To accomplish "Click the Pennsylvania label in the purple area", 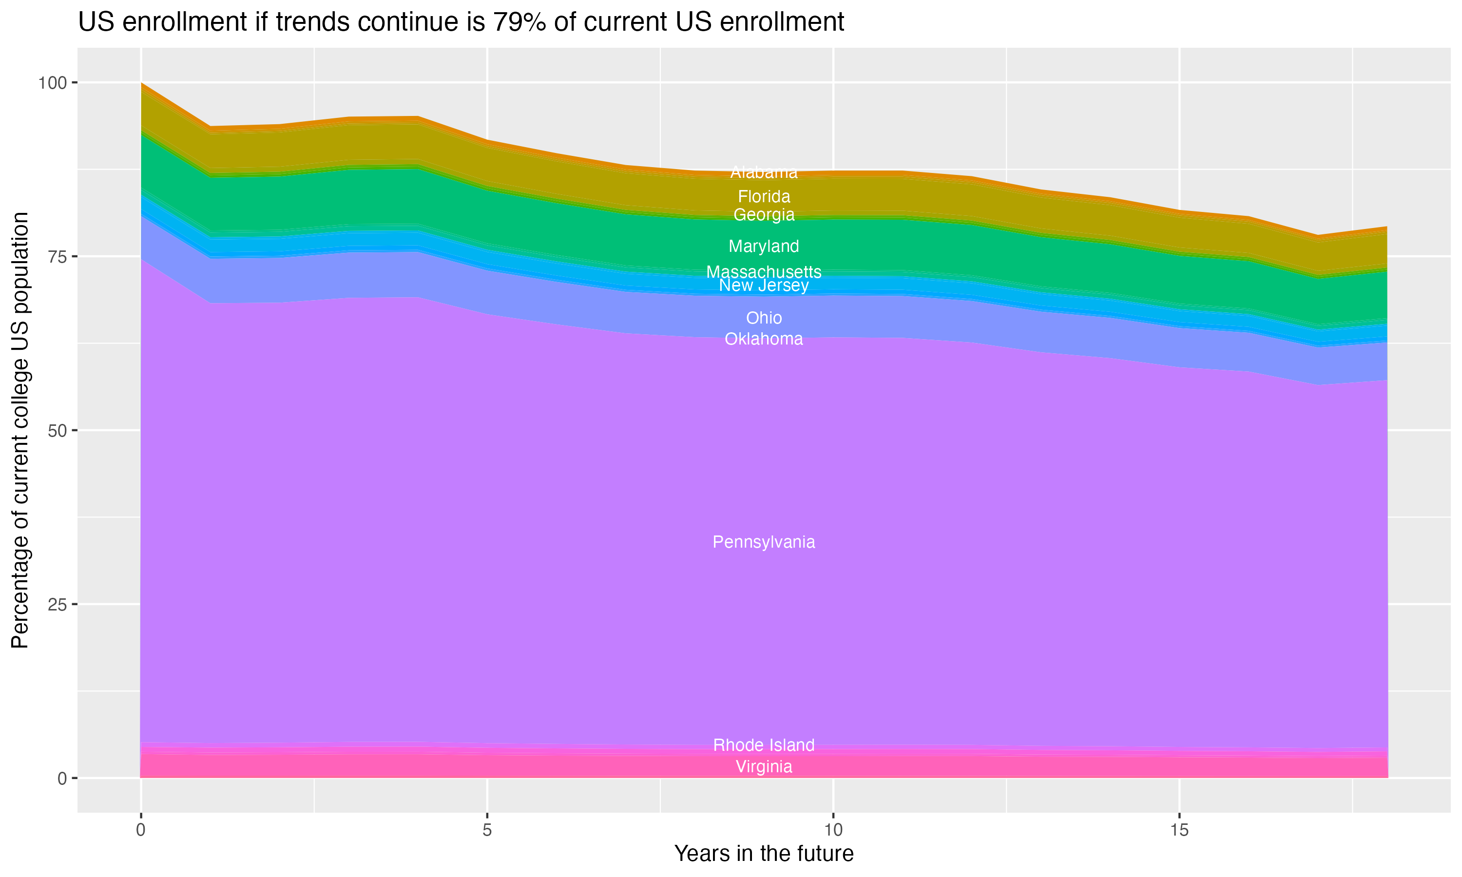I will [764, 542].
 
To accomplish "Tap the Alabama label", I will [764, 172].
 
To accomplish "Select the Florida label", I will [764, 196].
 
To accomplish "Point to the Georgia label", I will [764, 214].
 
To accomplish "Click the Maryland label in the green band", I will [764, 246].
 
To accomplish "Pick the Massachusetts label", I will [764, 272].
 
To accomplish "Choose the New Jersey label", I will [764, 286].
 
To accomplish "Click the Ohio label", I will [764, 318].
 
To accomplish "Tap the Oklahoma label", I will [764, 339].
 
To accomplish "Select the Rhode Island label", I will [764, 744].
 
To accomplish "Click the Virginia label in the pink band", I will [764, 766].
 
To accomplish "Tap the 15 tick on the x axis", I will [1179, 830].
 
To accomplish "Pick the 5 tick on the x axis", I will [487, 830].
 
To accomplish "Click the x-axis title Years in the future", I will [764, 853].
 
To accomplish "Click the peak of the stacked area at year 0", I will [141, 84].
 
